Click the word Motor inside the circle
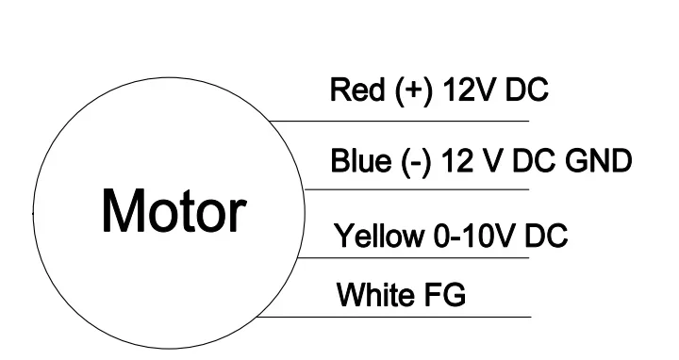[x=174, y=211]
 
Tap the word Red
[x=357, y=90]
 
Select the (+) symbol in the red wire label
[x=414, y=90]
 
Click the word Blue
[x=360, y=160]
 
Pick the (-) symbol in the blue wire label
[x=416, y=161]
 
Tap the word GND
[x=599, y=160]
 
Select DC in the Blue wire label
[x=533, y=160]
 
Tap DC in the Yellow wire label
[x=546, y=236]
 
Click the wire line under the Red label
[x=399, y=122]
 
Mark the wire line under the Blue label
[x=417, y=189]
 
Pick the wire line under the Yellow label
[x=413, y=258]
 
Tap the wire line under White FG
[x=393, y=318]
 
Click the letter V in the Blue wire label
[x=493, y=160]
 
